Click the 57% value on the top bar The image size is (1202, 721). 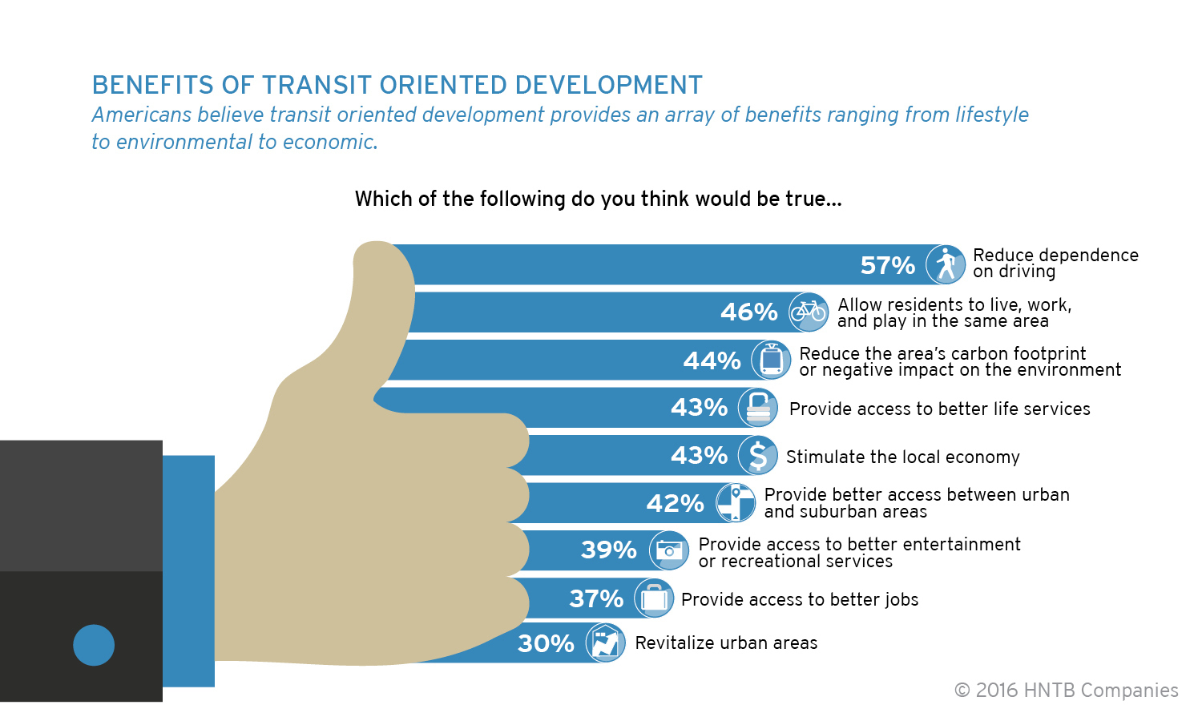tap(888, 265)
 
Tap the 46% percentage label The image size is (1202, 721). tap(748, 312)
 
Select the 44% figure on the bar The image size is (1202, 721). tap(712, 360)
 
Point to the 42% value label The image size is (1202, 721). tap(675, 503)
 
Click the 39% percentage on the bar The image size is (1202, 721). tap(608, 550)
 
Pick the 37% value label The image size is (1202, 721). tap(596, 598)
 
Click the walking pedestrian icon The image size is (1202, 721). tap(946, 264)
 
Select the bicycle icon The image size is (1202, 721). tap(809, 312)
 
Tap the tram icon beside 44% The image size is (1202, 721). tap(771, 360)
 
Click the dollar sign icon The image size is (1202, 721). tap(758, 455)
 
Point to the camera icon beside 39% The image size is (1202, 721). tap(668, 550)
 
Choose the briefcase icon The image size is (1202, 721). tap(654, 598)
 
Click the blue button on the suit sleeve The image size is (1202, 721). tap(94, 646)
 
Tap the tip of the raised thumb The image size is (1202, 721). tap(377, 242)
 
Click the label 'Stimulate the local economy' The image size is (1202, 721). tap(902, 457)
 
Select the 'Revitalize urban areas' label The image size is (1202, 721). tap(726, 642)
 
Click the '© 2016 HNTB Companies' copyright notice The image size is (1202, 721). tap(1067, 691)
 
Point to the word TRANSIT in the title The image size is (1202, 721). tap(317, 85)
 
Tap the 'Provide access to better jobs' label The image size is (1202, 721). tap(800, 599)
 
